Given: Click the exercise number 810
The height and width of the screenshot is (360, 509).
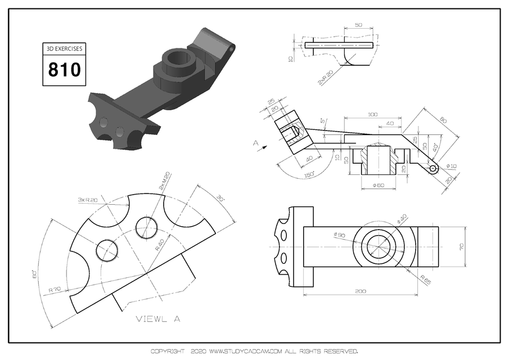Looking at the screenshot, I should tap(64, 70).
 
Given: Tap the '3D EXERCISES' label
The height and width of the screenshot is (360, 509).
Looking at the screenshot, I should tap(64, 49).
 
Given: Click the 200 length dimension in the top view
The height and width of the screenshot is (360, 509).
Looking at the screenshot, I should tap(361, 291).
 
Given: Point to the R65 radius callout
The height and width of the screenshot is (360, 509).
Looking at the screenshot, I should tap(426, 277).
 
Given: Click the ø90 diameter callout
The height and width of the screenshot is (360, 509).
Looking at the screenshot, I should tap(339, 235).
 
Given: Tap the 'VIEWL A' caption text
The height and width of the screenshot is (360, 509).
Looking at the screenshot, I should tap(157, 319).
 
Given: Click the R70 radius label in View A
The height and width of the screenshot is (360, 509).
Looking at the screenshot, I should tap(55, 289).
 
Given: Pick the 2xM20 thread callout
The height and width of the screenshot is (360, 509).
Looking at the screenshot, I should tap(165, 181).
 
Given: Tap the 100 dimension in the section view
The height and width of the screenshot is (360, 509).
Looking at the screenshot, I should tap(372, 114).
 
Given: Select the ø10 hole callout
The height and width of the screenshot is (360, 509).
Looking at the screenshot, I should tap(451, 166).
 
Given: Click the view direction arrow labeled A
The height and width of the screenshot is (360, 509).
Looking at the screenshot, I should tap(259, 147).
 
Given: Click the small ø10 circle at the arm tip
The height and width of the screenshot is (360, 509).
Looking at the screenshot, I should tap(434, 169).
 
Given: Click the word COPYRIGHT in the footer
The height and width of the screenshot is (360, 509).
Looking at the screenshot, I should tap(167, 351).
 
